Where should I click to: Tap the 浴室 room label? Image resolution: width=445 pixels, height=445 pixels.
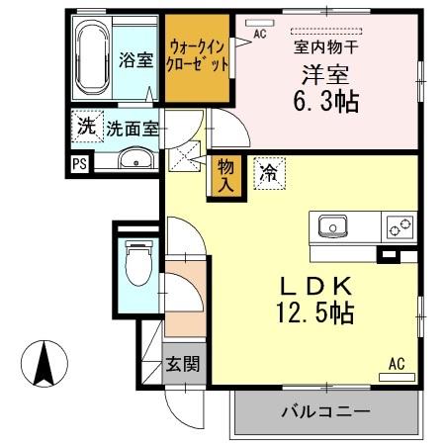[134, 58]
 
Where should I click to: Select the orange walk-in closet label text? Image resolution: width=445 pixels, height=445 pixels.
[198, 53]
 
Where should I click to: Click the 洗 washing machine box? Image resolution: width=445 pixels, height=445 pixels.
[86, 127]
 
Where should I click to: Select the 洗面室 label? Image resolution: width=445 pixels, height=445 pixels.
[133, 128]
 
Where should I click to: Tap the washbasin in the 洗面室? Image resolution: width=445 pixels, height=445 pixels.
[133, 159]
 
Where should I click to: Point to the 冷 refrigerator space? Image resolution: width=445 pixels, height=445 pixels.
[267, 171]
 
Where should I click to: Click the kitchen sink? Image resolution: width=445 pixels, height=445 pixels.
[330, 226]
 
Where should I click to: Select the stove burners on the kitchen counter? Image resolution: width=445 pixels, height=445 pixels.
[399, 227]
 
